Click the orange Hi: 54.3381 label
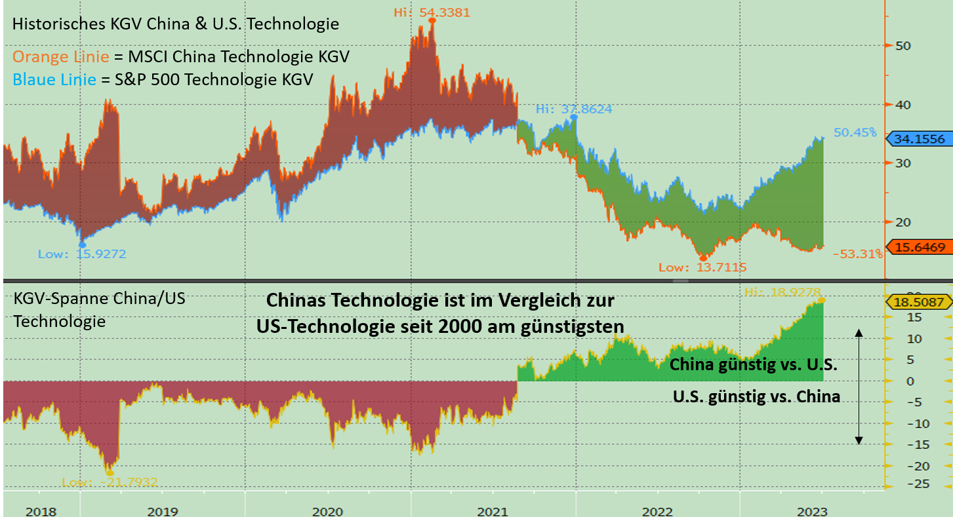[x=432, y=12]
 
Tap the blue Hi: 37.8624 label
[x=574, y=109]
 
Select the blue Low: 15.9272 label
[x=82, y=254]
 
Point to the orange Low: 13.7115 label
[x=702, y=267]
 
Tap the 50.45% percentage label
[x=855, y=132]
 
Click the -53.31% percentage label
[x=857, y=254]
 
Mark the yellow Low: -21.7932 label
[x=110, y=482]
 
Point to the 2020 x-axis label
[x=328, y=511]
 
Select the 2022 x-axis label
[x=658, y=511]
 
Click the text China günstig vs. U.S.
[x=753, y=366]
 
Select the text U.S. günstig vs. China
[x=756, y=396]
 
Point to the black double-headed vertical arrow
[x=859, y=387]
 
